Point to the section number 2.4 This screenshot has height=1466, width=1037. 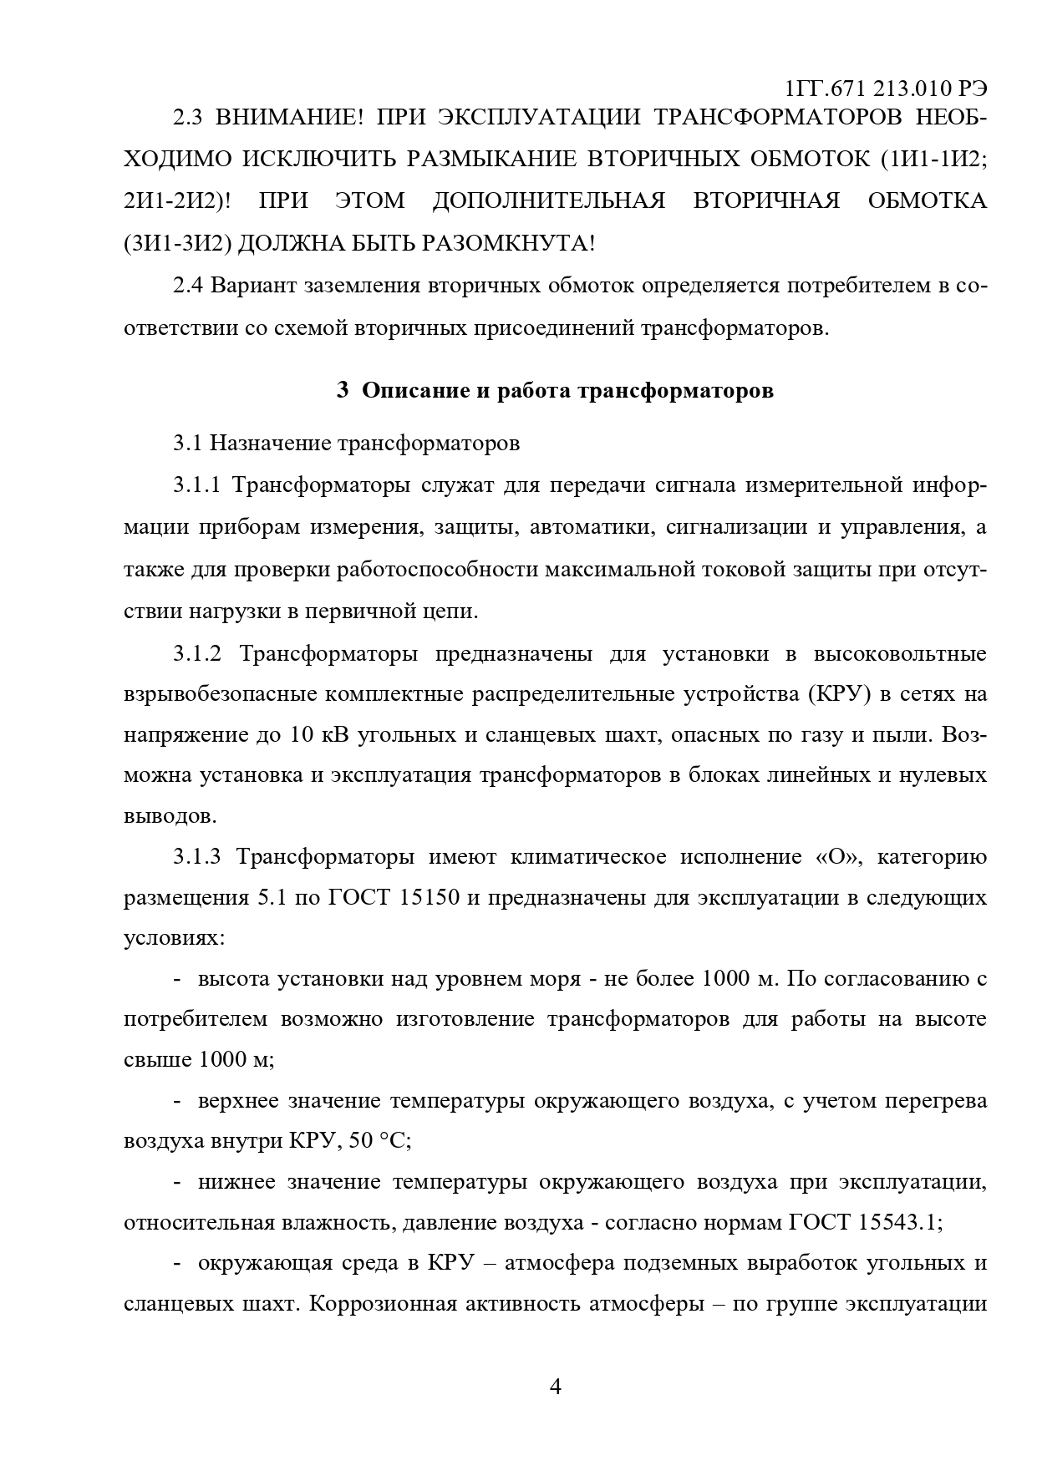click(x=188, y=287)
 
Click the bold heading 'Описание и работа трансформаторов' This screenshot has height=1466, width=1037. click(x=567, y=391)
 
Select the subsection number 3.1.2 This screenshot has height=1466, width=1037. click(x=197, y=653)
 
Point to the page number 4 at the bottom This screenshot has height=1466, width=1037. click(x=556, y=1387)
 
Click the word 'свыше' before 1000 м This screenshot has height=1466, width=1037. click(x=156, y=1060)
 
